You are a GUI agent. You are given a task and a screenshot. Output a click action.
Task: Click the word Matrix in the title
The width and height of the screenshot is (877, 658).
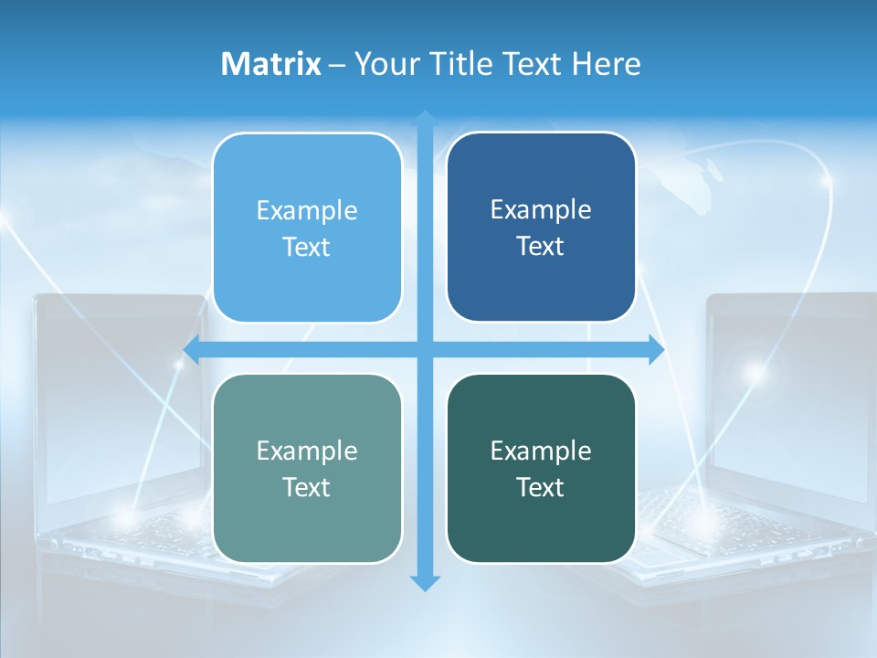point(270,64)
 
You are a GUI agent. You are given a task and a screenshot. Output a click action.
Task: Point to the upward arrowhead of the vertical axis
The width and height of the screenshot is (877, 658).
point(425,120)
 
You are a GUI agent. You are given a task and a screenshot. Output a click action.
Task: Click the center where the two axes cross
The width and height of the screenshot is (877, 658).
point(425,349)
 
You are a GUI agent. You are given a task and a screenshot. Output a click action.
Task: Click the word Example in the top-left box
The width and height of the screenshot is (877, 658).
point(307,211)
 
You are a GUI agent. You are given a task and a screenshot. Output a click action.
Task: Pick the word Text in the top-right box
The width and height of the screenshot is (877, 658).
point(541,247)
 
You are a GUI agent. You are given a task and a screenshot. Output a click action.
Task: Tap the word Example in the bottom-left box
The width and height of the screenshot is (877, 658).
point(307,451)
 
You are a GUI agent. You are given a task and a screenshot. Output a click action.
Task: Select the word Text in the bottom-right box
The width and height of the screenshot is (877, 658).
point(541,487)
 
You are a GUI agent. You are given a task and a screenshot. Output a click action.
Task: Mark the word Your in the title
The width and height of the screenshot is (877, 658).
point(385,64)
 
